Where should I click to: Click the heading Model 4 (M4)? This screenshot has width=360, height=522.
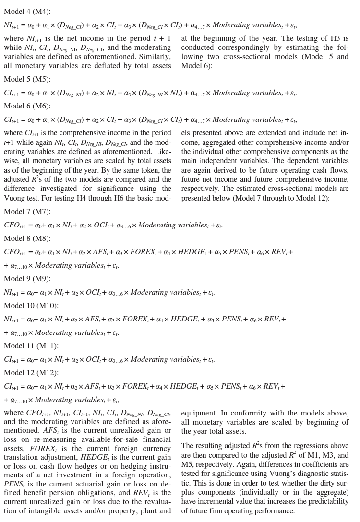coord(27,12)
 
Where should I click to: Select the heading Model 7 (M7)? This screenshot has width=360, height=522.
coord(27,212)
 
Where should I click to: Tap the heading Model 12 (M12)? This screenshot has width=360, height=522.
coord(31,373)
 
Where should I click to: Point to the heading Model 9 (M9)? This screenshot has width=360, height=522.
coord(27,279)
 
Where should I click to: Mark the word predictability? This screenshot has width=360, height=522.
coord(324,501)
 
